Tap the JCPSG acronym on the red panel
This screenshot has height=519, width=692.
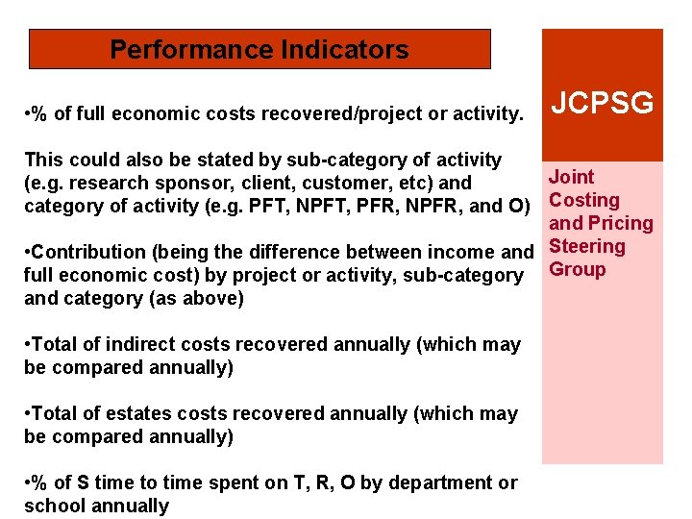coord(603,103)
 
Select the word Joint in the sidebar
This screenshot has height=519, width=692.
coord(571,177)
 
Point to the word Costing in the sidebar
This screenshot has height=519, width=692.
coord(583,201)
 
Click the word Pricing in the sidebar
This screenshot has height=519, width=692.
coord(619,224)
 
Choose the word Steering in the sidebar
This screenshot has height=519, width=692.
coord(586,246)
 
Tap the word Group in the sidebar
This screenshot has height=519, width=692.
coord(577,269)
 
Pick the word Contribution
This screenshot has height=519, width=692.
coord(88,252)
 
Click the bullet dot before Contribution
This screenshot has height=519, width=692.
coord(27,252)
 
